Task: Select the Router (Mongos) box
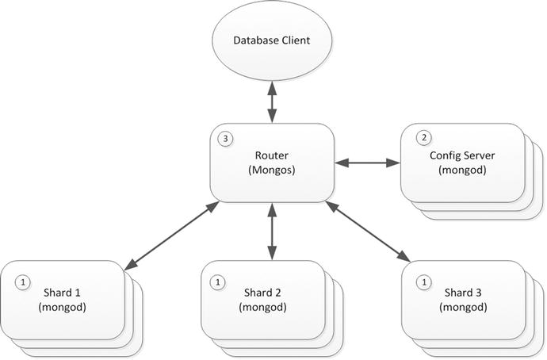[x=272, y=163]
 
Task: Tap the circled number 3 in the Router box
[x=226, y=139]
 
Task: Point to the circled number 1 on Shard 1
[x=23, y=281]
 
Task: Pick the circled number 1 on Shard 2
[x=217, y=281]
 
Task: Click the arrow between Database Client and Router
[x=272, y=103]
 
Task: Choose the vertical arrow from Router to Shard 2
[x=272, y=231]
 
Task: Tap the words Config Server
[x=462, y=155]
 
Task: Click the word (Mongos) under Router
[x=272, y=170]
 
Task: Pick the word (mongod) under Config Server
[x=462, y=169]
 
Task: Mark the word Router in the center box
[x=272, y=156]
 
